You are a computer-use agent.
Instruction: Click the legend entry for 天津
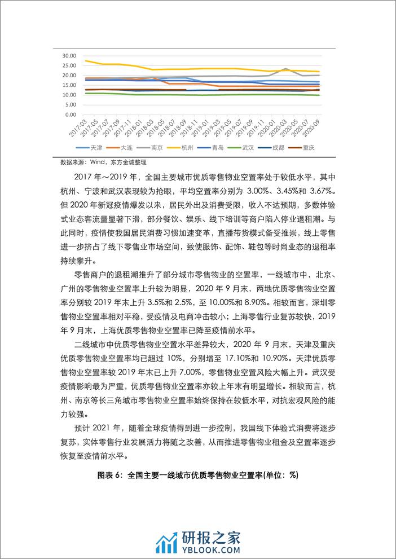(x=96, y=147)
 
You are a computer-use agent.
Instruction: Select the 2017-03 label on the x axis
(x=78, y=127)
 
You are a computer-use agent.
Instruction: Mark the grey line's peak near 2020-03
(x=287, y=69)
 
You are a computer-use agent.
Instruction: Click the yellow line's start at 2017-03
(x=85, y=61)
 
